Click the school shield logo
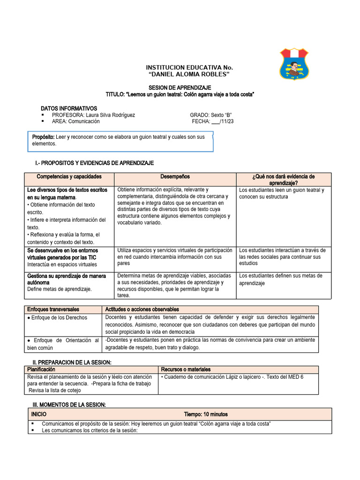point(294,64)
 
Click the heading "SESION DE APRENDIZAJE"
point(180,88)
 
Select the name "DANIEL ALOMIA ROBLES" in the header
point(188,75)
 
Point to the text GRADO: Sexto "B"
point(211,115)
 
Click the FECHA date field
point(213,121)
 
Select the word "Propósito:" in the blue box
point(43,137)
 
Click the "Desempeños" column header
point(175,177)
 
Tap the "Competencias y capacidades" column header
point(69,177)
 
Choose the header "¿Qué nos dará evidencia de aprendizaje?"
point(283,180)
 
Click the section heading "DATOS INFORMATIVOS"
point(69,108)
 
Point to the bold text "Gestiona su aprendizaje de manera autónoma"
point(67,279)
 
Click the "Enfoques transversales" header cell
point(53,309)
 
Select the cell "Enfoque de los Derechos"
point(58,318)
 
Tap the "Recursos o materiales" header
point(186,369)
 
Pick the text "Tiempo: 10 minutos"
point(206,414)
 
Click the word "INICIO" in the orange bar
point(39,414)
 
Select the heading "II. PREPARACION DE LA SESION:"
point(72,363)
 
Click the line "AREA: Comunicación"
point(75,121)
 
